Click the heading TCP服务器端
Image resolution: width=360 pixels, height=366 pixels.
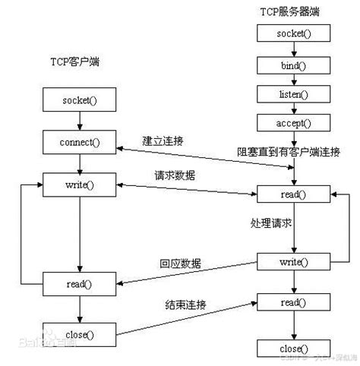[290, 13]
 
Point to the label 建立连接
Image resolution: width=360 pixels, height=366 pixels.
[164, 141]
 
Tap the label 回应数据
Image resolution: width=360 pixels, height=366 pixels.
[180, 263]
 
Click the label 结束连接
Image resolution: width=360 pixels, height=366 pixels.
[187, 304]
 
